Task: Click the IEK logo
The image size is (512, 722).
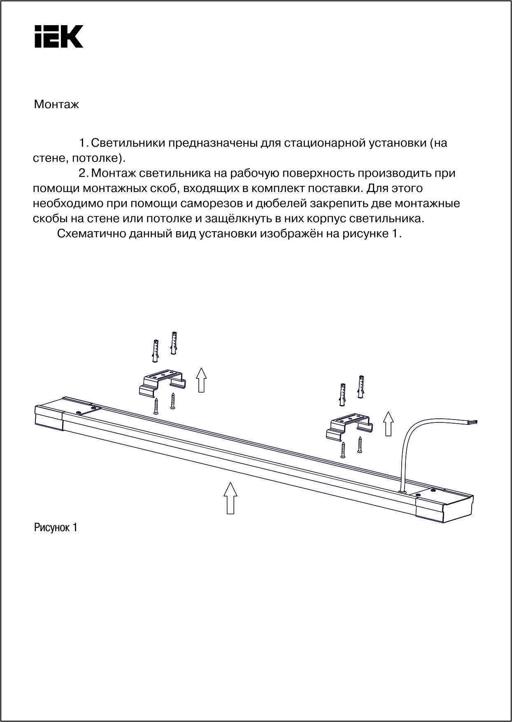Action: coord(59,36)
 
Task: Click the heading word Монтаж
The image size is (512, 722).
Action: coord(56,105)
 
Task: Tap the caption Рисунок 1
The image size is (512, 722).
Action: coord(56,527)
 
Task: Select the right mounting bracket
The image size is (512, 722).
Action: coord(350,426)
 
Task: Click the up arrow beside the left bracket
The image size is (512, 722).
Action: coord(201,380)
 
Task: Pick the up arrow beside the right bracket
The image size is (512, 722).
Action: coord(388,423)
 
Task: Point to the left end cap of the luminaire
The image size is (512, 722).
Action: coord(48,417)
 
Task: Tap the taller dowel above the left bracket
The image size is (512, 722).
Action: coord(174,342)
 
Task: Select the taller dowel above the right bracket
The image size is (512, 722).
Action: coord(361,387)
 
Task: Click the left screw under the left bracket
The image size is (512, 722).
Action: coord(156,406)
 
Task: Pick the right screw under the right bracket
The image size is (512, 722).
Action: coord(360,445)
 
